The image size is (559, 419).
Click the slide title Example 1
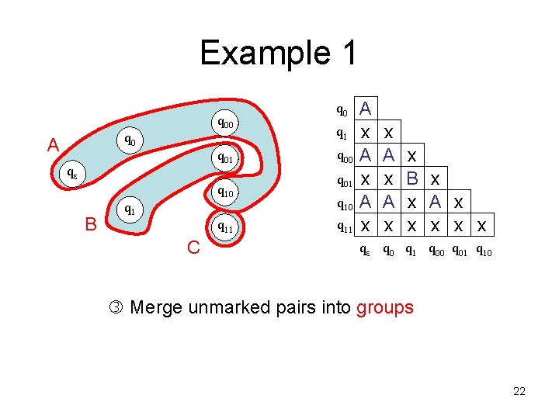pos(279,54)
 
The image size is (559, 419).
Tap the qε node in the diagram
pos(71,173)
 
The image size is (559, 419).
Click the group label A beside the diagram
pos(53,145)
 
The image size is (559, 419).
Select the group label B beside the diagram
pos(91,224)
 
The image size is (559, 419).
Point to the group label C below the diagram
pos(194,248)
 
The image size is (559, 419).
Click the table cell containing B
pos(412,178)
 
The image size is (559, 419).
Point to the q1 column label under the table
pos(412,251)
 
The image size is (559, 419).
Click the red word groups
pos(385,307)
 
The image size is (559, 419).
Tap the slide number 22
pos(519,391)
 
